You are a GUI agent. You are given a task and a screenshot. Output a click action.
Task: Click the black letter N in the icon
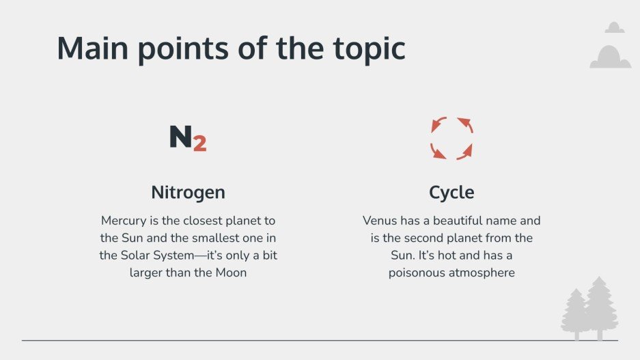(x=180, y=137)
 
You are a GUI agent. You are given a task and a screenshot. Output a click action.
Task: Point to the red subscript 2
(x=199, y=143)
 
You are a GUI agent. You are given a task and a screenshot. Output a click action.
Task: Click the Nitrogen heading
(x=188, y=193)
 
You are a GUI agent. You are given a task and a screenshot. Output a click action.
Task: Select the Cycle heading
(x=451, y=193)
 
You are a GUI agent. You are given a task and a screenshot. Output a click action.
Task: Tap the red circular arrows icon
(x=451, y=138)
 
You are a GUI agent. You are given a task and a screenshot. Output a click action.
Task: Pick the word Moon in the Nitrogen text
(x=230, y=273)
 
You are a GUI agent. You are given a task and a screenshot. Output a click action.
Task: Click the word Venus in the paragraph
(x=379, y=221)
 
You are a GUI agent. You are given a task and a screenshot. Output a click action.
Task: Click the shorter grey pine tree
(x=575, y=314)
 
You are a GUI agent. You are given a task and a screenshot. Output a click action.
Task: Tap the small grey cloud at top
(x=615, y=27)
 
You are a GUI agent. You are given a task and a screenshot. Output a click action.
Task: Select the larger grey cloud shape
(x=610, y=57)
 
